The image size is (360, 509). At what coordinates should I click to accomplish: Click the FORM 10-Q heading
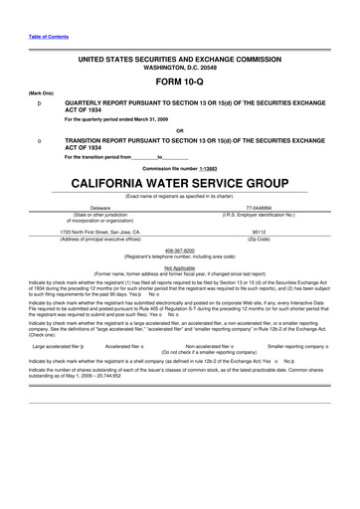180,83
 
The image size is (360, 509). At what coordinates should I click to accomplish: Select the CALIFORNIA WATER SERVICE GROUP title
180,184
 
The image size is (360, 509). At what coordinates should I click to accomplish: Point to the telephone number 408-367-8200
180,252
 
